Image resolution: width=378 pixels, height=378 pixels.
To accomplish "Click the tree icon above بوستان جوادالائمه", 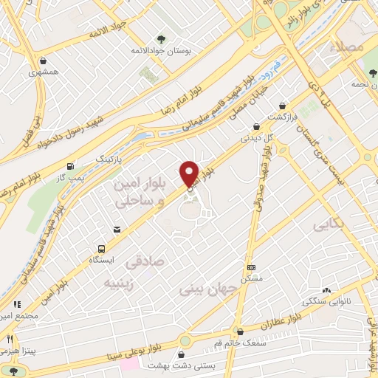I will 162,38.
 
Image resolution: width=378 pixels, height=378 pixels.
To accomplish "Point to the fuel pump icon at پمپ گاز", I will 70,165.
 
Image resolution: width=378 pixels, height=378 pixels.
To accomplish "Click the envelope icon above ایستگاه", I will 117,230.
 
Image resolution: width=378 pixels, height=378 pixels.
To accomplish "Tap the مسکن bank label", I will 252,280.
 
